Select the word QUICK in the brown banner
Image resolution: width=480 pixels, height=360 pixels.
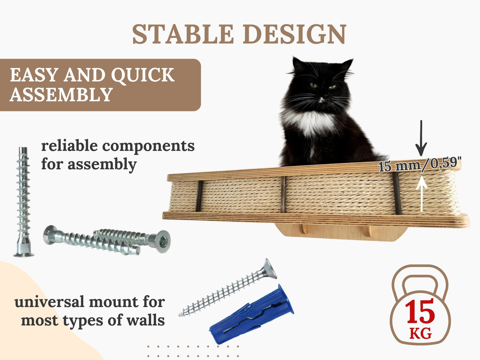click(143, 75)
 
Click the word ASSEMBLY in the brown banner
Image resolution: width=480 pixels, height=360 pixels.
click(61, 95)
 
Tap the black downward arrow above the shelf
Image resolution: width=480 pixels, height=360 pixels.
click(421, 138)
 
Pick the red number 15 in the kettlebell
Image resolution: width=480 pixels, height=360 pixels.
click(420, 312)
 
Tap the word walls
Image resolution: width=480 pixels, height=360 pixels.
click(146, 320)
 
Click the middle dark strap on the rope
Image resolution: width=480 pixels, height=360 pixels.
click(283, 194)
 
